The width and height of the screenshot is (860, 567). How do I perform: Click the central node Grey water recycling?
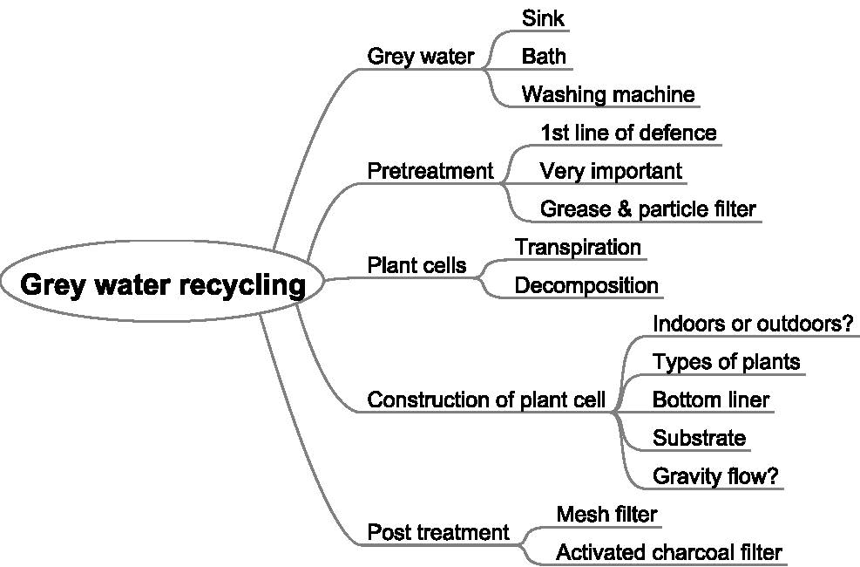click(x=163, y=285)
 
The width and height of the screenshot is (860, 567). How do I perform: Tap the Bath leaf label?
click(x=544, y=56)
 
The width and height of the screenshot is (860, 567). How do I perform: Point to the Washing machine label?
click(x=608, y=94)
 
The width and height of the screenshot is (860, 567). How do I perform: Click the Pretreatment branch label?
click(x=430, y=171)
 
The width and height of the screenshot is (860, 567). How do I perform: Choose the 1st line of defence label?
click(x=628, y=133)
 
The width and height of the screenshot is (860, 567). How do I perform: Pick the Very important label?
click(x=611, y=171)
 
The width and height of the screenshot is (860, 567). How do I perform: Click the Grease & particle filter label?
click(x=648, y=209)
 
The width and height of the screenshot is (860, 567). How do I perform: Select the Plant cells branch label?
click(x=416, y=265)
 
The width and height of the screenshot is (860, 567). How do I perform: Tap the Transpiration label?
click(x=578, y=247)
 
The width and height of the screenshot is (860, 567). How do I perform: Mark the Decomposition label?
click(x=586, y=285)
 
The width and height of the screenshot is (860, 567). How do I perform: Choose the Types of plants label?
click(x=726, y=361)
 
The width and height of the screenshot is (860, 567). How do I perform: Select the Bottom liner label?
click(x=711, y=400)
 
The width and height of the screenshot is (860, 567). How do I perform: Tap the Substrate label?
click(x=699, y=438)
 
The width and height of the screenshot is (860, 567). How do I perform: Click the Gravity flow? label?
click(x=715, y=476)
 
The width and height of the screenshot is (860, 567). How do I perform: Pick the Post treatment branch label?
click(x=437, y=532)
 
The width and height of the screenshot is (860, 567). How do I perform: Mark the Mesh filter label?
click(x=606, y=514)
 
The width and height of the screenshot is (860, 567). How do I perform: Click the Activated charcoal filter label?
click(x=668, y=552)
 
